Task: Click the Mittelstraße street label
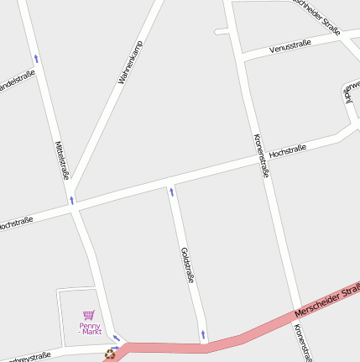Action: pyautogui.click(x=61, y=160)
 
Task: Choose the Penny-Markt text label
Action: pyautogui.click(x=90, y=328)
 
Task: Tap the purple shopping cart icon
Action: pyautogui.click(x=89, y=315)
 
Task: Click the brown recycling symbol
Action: pyautogui.click(x=110, y=354)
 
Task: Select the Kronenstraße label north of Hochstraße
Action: pyautogui.click(x=260, y=155)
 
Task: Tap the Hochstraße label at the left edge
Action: pyautogui.click(x=15, y=224)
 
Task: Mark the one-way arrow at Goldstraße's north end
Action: pyautogui.click(x=172, y=191)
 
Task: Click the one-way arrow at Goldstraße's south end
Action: pyautogui.click(x=203, y=336)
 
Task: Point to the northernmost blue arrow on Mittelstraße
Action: pyautogui.click(x=36, y=59)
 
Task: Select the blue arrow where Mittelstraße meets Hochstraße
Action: pyautogui.click(x=71, y=200)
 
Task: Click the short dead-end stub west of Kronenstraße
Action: pyautogui.click(x=222, y=32)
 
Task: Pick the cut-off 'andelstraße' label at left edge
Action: pyautogui.click(x=17, y=81)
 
